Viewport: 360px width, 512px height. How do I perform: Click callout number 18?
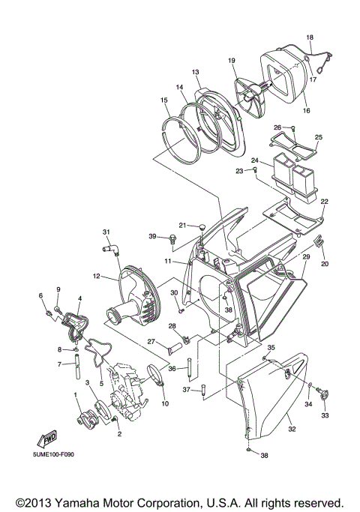(x=310, y=37)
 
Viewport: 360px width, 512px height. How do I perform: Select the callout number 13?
(x=195, y=72)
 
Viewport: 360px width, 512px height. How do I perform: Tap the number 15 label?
(x=163, y=100)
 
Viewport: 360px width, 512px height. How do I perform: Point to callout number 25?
(x=318, y=137)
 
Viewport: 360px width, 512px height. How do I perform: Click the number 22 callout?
(x=325, y=202)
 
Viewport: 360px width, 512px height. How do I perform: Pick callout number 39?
(x=151, y=237)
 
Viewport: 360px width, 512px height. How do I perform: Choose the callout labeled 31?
(x=106, y=231)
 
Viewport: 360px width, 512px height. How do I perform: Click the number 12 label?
(x=96, y=277)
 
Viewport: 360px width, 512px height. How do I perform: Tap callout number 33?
(x=325, y=415)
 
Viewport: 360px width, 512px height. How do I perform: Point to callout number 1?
(x=76, y=394)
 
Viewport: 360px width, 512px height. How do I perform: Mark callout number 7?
(x=58, y=364)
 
